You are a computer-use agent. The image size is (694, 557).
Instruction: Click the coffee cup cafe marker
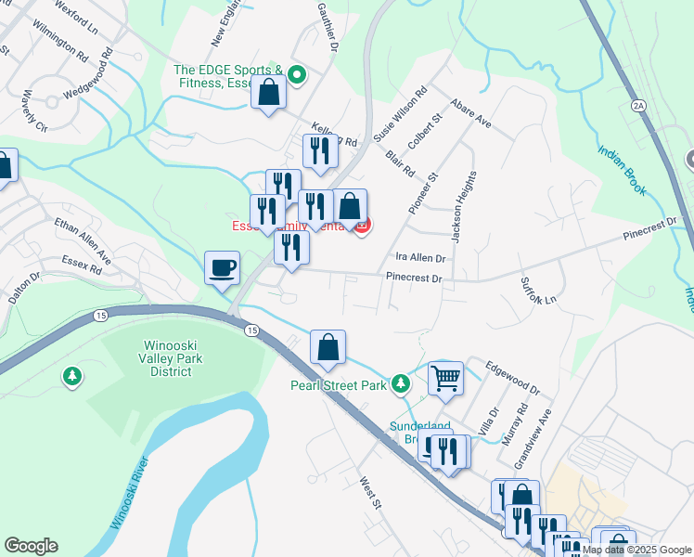click(x=222, y=268)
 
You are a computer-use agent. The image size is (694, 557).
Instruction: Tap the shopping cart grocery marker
click(x=445, y=378)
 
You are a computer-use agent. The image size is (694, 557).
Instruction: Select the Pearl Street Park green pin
click(x=400, y=382)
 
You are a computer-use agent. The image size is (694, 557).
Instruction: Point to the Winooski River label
click(x=129, y=498)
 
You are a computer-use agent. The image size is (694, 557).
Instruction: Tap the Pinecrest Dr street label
click(x=413, y=277)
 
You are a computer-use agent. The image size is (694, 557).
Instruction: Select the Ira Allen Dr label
click(x=421, y=258)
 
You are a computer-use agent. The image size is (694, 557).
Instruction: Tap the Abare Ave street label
click(x=470, y=113)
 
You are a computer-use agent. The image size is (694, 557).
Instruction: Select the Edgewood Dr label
click(x=511, y=377)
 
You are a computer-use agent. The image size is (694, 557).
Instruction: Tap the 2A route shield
click(x=638, y=105)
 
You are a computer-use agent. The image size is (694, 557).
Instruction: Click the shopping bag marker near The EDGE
click(x=269, y=93)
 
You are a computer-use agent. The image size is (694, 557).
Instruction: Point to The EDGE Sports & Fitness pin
click(x=297, y=74)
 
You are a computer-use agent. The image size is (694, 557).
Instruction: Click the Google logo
click(x=32, y=546)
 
